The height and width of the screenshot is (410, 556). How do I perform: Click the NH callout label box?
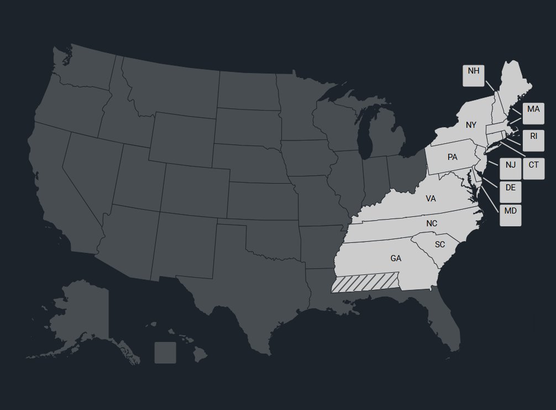click(473, 75)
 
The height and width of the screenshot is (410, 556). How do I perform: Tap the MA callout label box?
click(533, 113)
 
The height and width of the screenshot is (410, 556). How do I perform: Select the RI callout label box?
click(533, 140)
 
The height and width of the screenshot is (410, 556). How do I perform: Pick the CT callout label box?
click(533, 168)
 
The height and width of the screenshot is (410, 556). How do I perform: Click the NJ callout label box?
click(510, 168)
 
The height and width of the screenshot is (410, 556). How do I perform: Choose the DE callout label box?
click(510, 191)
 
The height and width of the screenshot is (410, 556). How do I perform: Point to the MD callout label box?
click(510, 215)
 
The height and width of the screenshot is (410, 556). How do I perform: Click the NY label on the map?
click(470, 125)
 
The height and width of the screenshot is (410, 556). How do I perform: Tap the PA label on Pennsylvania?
click(452, 157)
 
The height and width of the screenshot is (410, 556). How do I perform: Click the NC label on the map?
click(432, 224)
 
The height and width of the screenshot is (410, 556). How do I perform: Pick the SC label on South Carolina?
click(439, 244)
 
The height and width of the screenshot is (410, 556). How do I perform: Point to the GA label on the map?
click(396, 258)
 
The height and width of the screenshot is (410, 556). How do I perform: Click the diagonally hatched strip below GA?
click(365, 282)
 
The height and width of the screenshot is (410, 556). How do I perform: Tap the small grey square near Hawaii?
click(165, 352)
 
